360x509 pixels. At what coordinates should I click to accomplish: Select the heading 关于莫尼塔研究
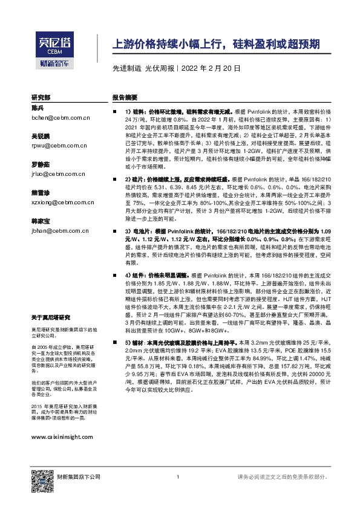51,317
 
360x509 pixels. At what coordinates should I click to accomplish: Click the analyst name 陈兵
38,108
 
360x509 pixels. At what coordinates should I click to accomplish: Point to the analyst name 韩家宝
41,221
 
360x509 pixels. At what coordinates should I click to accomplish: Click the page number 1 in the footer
178,478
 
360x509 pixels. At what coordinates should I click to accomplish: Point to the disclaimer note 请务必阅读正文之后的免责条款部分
286,478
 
